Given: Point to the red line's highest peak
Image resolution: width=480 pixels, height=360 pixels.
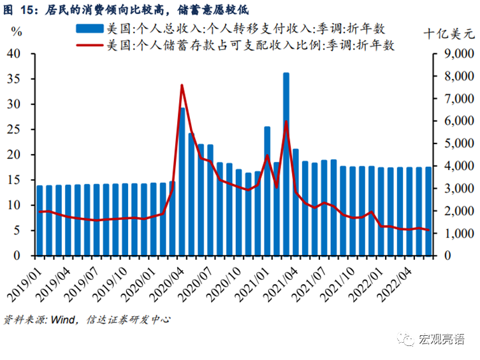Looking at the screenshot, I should tap(182, 85).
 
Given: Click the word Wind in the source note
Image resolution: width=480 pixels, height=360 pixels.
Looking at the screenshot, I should tap(59, 319).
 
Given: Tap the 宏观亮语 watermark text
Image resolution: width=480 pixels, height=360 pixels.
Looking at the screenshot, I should tap(441, 340).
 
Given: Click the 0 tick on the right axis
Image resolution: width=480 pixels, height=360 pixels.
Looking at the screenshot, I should tap(447, 256).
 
